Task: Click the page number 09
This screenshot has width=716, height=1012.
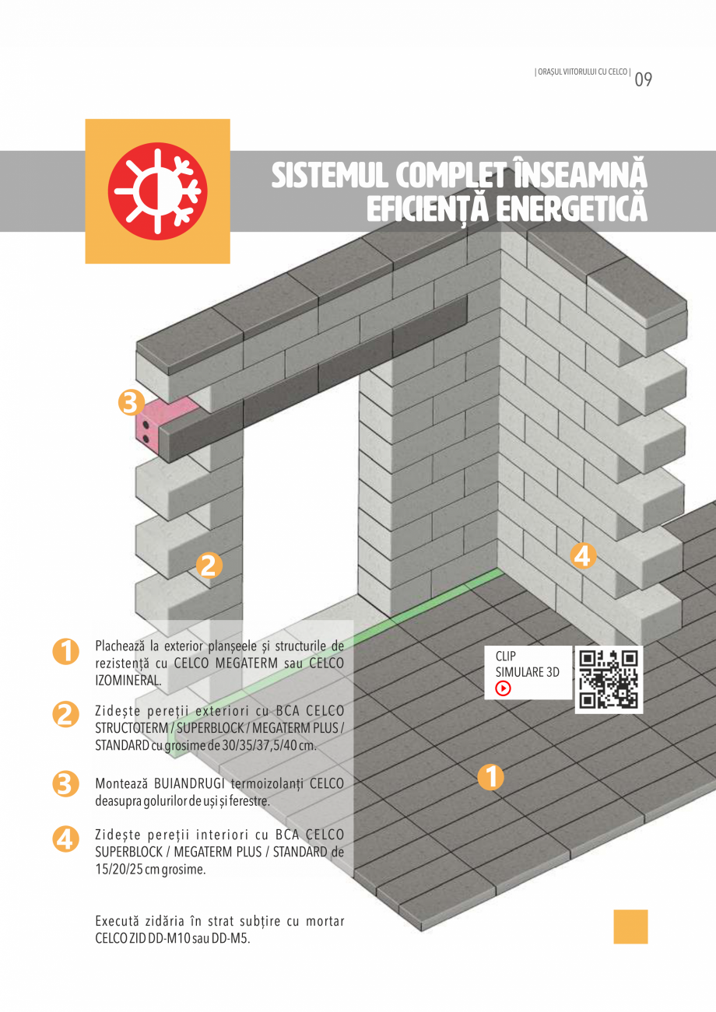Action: coord(643,79)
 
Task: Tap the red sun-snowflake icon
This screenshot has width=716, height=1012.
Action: coord(157,191)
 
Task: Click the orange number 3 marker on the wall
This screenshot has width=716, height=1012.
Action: coord(132,402)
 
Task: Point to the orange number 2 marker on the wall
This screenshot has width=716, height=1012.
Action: coord(208,566)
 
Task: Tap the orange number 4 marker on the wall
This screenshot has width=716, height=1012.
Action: coord(583,555)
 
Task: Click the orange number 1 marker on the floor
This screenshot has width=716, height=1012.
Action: coord(490,777)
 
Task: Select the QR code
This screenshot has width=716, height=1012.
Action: coord(609,679)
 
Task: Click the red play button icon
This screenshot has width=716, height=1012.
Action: coord(504,688)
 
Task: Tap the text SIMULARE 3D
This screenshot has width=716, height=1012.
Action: coord(528,672)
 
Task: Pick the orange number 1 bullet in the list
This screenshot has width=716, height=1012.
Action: coord(65,652)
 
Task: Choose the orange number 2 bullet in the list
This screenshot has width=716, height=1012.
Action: coord(65,714)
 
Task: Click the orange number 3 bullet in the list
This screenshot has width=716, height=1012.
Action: coord(65,783)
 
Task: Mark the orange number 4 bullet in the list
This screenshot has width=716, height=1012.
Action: coord(65,839)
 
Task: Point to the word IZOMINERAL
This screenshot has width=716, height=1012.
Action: coord(128,680)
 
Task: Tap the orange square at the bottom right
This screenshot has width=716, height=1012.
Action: coord(630,926)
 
